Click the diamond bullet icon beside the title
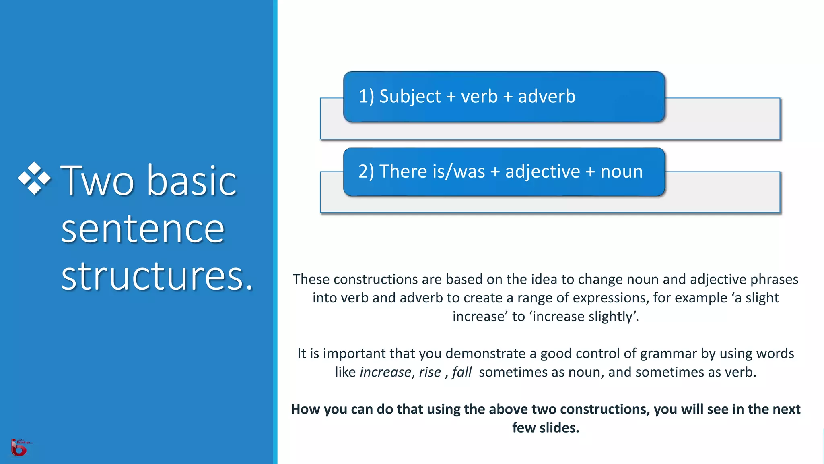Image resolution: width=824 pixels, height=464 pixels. (x=35, y=178)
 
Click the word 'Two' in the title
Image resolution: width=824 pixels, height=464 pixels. (x=97, y=181)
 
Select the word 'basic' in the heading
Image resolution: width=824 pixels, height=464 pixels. (x=192, y=181)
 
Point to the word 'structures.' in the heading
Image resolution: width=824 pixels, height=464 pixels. (x=157, y=276)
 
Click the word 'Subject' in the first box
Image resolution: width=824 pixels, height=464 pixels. (x=410, y=97)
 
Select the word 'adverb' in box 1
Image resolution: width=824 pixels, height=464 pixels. (x=546, y=97)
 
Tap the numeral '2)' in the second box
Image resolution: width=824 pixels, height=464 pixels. (x=366, y=172)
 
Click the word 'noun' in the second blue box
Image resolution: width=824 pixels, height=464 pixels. (x=621, y=172)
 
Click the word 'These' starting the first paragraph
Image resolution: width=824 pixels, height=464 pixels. (x=311, y=279)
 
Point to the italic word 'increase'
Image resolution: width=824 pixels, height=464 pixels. (x=385, y=372)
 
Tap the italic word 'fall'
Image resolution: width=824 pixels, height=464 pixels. (x=461, y=372)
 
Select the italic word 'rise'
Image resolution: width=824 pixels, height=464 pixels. (x=430, y=372)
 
